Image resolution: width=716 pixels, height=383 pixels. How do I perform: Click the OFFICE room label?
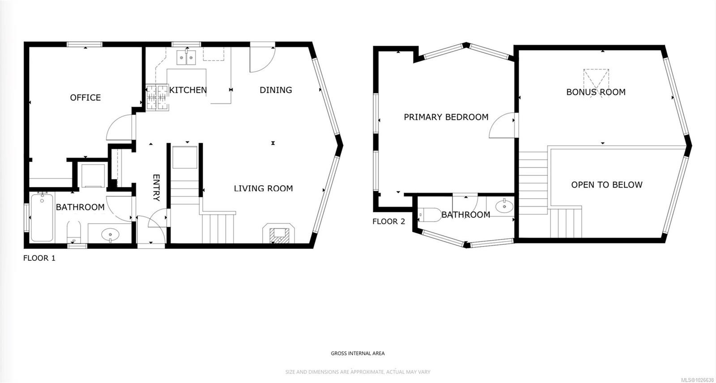(x=85, y=98)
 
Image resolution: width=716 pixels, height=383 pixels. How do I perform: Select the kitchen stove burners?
(x=157, y=98)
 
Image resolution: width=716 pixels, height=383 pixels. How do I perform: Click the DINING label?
(x=276, y=90)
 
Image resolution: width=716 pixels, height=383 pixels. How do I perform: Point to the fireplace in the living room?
(x=278, y=234)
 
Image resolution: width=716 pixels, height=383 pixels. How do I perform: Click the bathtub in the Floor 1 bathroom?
(x=42, y=217)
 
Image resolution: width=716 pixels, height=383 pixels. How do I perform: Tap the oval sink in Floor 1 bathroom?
(x=110, y=234)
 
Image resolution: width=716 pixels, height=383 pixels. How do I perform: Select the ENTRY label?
(x=156, y=187)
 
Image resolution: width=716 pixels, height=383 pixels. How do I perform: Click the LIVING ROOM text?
(x=263, y=188)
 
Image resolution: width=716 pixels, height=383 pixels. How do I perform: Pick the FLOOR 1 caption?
(x=39, y=258)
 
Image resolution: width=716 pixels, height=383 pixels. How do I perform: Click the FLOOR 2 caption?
(x=388, y=221)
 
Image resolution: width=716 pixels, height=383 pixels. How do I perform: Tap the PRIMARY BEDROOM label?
(x=446, y=117)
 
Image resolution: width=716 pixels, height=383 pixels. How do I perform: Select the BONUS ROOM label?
(x=596, y=92)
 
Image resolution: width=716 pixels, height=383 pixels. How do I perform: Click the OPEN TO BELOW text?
(x=606, y=185)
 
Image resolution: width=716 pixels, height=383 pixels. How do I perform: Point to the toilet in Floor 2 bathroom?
(x=430, y=215)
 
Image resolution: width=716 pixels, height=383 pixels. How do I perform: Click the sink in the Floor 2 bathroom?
(x=504, y=206)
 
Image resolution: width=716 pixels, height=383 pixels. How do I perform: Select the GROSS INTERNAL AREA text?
(x=358, y=353)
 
